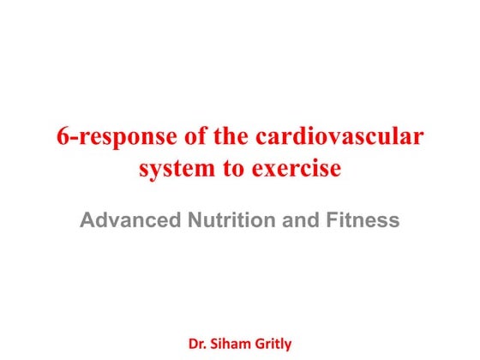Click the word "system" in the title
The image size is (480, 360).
pos(176,169)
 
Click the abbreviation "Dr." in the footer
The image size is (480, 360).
pos(197,344)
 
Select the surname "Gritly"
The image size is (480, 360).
pos(272,344)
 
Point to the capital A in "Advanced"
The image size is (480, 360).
pos(87,221)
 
